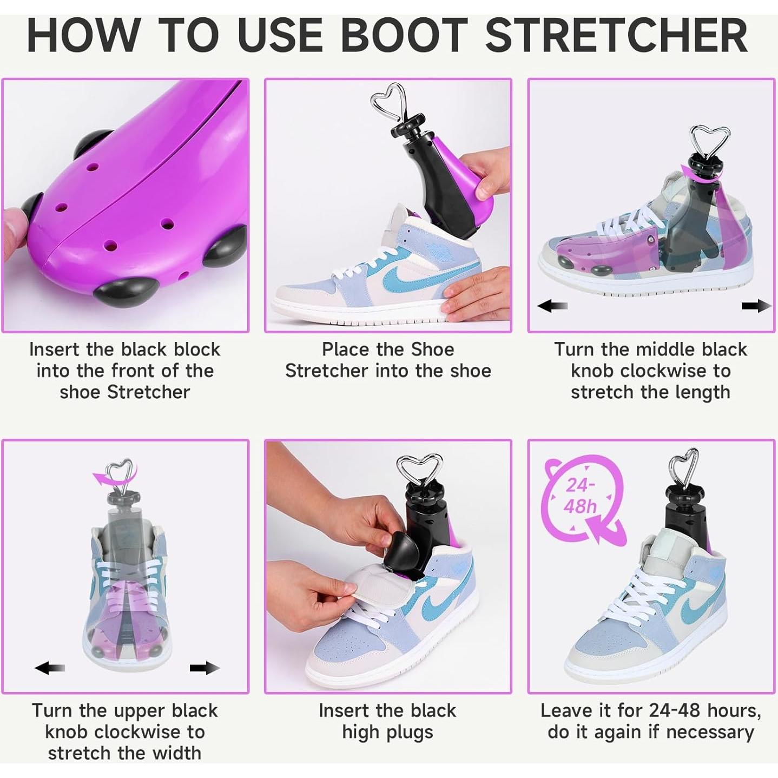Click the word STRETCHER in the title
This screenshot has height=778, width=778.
[x=616, y=36]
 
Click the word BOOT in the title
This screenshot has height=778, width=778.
[x=404, y=36]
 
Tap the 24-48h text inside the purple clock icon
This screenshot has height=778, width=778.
[x=580, y=496]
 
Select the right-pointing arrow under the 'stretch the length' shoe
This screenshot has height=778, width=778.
[x=756, y=306]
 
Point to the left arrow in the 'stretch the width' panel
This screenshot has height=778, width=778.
[x=49, y=668]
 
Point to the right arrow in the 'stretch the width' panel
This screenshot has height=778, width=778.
[x=205, y=668]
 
